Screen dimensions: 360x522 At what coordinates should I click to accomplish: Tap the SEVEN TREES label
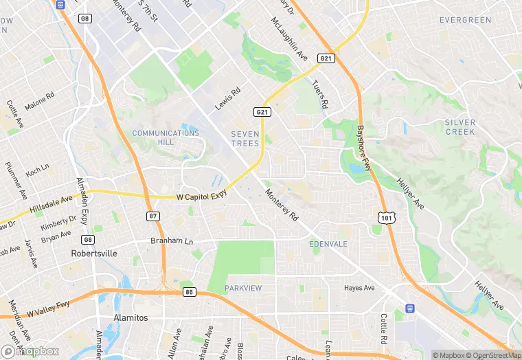tap(245, 139)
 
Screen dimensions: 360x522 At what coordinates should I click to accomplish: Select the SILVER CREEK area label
tap(460, 126)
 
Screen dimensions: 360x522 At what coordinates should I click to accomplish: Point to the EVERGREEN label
tap(466, 20)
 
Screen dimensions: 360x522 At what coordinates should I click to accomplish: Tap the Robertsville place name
tap(93, 254)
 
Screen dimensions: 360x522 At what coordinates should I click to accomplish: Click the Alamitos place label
tap(129, 317)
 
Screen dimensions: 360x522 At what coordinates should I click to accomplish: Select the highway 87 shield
tap(153, 216)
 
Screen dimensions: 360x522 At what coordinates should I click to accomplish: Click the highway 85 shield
tap(189, 292)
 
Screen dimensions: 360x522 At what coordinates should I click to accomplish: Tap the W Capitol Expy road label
tap(201, 196)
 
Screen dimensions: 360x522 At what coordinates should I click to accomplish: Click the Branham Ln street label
tap(172, 241)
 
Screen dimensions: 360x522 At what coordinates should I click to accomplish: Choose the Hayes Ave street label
tap(359, 288)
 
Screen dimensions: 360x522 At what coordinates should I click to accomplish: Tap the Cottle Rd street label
tap(384, 330)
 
